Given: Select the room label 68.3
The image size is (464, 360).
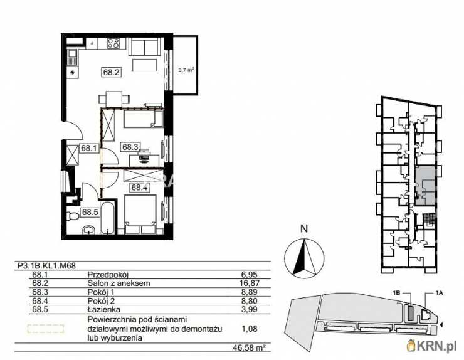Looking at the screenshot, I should tap(130, 147).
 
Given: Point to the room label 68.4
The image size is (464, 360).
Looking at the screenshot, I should tap(139, 186).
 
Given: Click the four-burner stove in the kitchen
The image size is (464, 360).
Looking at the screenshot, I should tap(113, 44).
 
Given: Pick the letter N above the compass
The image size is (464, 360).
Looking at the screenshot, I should tap(303, 229).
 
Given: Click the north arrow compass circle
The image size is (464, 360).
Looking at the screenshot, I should tap(303, 258).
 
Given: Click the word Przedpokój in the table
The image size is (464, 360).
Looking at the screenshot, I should tap(104, 274).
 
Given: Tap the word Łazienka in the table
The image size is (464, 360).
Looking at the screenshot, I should tap(102, 309).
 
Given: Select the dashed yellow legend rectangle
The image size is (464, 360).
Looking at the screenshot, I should tap(45, 328).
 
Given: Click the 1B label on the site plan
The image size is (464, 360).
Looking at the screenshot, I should tap(395, 293).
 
